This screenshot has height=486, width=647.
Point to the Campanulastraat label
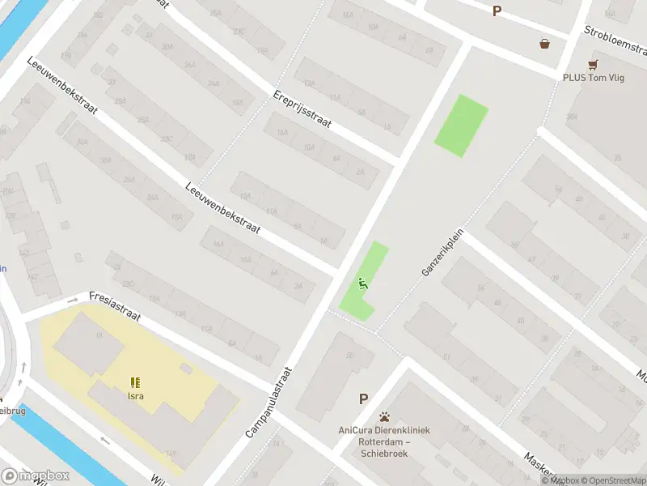270,402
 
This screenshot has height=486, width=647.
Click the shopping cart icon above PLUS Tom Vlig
594,63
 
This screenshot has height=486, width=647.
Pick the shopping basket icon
545,44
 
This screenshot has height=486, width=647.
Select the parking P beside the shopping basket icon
497,11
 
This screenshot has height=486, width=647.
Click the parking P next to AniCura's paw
364,399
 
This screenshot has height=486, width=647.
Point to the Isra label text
135,396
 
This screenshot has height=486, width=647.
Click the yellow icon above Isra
135,382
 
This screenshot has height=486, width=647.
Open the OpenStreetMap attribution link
613,480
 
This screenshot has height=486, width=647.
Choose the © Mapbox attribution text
560,480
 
